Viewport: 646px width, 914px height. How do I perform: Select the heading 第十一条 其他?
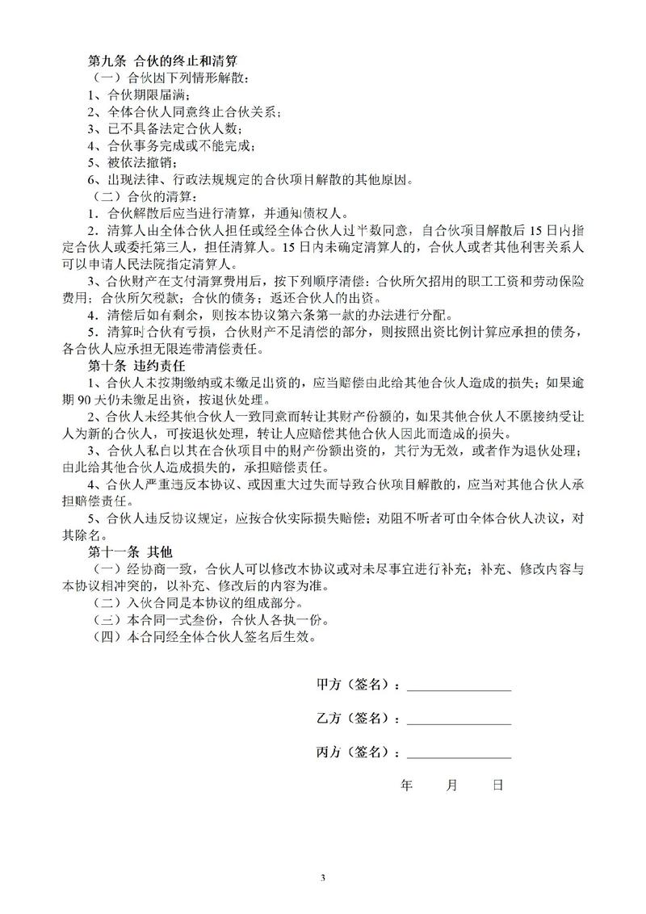[129, 553]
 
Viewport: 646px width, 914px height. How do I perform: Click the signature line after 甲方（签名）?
[459, 686]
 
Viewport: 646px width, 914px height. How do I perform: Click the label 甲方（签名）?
[355, 685]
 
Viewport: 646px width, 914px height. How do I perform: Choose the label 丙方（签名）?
[355, 753]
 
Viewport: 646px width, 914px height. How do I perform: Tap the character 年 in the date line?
[406, 785]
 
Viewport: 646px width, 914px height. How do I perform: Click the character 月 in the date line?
[451, 785]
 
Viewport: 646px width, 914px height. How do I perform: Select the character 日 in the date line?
[498, 785]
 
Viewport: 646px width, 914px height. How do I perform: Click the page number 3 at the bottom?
[323, 877]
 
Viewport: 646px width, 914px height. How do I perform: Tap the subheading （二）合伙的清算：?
[144, 197]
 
